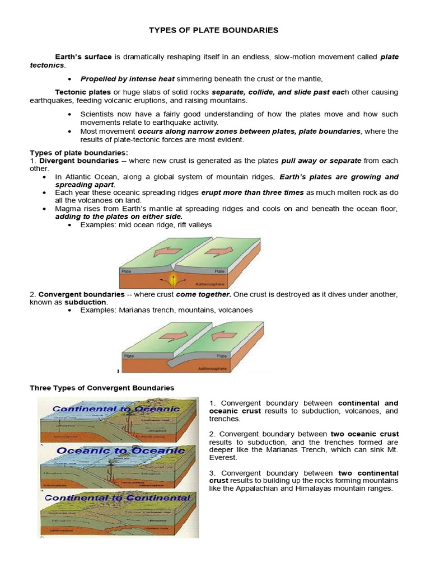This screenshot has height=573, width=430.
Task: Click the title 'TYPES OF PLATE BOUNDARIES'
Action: [213, 30]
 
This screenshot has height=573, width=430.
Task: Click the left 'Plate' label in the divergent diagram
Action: [127, 270]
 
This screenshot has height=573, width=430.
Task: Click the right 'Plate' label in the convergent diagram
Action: [222, 355]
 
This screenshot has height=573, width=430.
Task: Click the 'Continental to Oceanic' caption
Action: [116, 409]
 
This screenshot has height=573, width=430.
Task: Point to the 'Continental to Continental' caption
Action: [117, 497]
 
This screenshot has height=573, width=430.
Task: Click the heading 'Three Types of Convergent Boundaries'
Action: [102, 388]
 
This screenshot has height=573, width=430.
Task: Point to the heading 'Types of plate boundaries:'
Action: [79, 153]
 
